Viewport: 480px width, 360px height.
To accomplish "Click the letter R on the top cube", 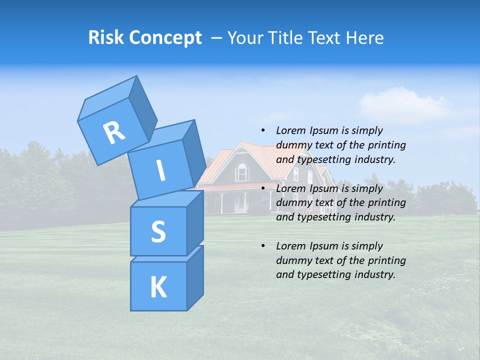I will tap(114, 133).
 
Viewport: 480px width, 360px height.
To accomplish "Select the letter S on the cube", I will tap(158, 232).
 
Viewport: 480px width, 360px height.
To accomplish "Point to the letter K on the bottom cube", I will tap(158, 288).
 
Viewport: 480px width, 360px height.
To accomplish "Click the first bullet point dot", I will tap(263, 130).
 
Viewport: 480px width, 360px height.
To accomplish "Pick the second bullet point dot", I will tap(263, 188).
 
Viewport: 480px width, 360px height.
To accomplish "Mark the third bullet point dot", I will tap(263, 246).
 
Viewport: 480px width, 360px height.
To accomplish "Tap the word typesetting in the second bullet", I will tap(321, 217).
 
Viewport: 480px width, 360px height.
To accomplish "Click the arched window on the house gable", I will tap(242, 172).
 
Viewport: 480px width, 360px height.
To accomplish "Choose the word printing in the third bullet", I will tap(386, 260).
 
